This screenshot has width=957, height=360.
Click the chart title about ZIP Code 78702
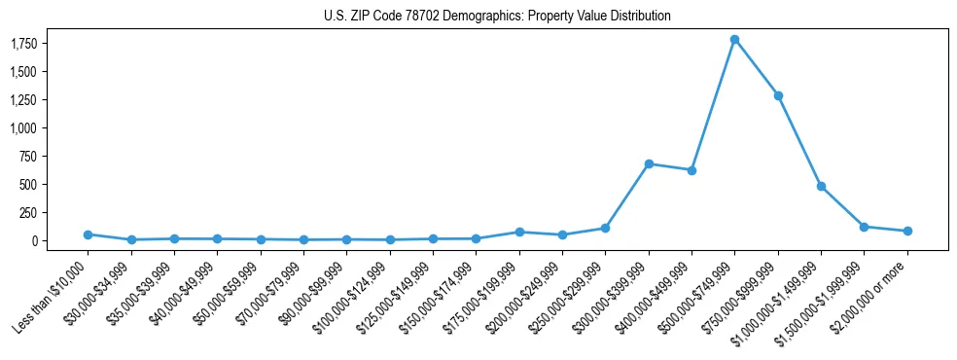(497, 16)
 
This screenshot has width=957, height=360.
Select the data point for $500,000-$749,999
(734, 40)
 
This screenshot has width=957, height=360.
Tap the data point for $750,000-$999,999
(778, 95)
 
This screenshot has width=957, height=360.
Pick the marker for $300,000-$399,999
(649, 163)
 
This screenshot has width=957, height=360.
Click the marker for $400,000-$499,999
(691, 170)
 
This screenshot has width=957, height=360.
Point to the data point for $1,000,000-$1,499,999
(821, 186)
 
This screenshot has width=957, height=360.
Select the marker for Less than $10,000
(88, 234)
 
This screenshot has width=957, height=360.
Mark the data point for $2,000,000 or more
(907, 231)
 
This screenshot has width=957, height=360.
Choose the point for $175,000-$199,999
(519, 232)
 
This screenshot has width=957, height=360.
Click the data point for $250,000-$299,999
(605, 228)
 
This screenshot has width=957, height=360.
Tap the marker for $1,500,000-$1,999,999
(864, 227)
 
